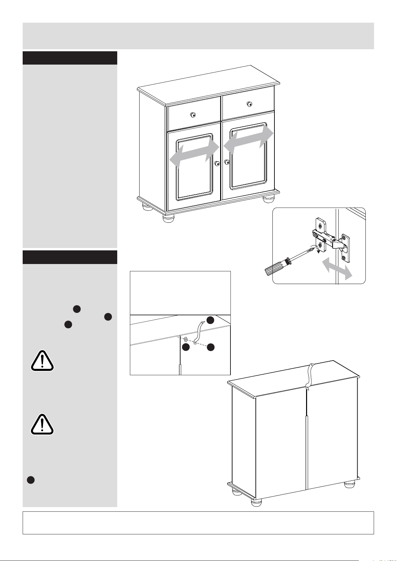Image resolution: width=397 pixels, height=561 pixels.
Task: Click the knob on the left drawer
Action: pyautogui.click(x=193, y=115)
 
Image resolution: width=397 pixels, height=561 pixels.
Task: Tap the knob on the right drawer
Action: pyautogui.click(x=249, y=104)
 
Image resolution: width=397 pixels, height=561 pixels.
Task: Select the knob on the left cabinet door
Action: pyautogui.click(x=217, y=163)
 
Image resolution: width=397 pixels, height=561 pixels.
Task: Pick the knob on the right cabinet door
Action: pyautogui.click(x=227, y=162)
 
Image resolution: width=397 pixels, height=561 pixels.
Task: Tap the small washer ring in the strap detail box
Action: pyautogui.click(x=186, y=340)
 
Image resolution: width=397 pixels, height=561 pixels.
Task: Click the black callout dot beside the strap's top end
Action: pyautogui.click(x=210, y=320)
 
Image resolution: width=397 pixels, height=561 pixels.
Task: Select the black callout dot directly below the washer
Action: pyautogui.click(x=186, y=348)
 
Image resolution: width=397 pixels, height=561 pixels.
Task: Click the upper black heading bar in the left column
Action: pyautogui.click(x=70, y=58)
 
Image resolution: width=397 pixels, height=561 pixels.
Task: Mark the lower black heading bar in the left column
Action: pyautogui.click(x=70, y=257)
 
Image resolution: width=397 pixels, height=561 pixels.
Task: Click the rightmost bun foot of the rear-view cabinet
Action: pyautogui.click(x=349, y=484)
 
